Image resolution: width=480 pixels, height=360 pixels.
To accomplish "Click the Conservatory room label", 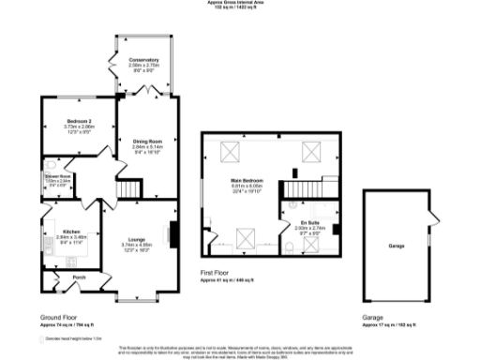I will click(x=144, y=60).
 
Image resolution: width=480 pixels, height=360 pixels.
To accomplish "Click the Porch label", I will click(x=80, y=277).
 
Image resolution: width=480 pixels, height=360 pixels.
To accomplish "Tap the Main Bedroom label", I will click(x=247, y=179).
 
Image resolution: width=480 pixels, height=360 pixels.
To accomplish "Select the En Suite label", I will click(x=309, y=221).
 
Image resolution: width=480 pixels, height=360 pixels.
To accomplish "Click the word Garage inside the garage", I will click(x=397, y=247).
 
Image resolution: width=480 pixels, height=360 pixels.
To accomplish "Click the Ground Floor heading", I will click(x=59, y=317).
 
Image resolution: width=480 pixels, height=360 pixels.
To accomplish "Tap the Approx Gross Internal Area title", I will click(x=240, y=4).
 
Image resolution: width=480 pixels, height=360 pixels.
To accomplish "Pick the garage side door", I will click(x=433, y=223).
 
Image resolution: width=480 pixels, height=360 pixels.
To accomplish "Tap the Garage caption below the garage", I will click(x=372, y=317).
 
